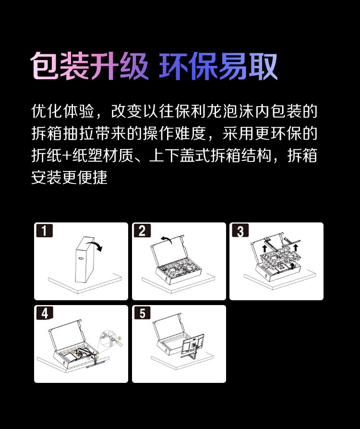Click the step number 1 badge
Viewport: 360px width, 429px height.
click(x=44, y=231)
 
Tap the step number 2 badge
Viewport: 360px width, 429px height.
click(x=142, y=231)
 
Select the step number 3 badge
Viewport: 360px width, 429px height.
click(x=240, y=231)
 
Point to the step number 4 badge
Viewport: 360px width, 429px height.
click(x=44, y=313)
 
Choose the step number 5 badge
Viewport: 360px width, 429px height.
click(x=142, y=313)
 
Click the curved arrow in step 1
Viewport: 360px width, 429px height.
click(x=96, y=244)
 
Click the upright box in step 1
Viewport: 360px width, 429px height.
click(x=85, y=259)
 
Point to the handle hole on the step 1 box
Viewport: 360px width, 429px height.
click(x=81, y=257)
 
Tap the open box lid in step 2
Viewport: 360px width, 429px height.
click(x=167, y=250)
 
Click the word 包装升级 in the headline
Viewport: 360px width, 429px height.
click(x=89, y=66)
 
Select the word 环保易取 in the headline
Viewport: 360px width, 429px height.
click(x=218, y=66)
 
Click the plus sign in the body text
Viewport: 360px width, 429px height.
click(x=67, y=156)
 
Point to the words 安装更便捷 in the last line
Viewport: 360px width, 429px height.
click(x=69, y=177)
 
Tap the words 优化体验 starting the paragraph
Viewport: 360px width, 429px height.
click(x=62, y=111)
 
